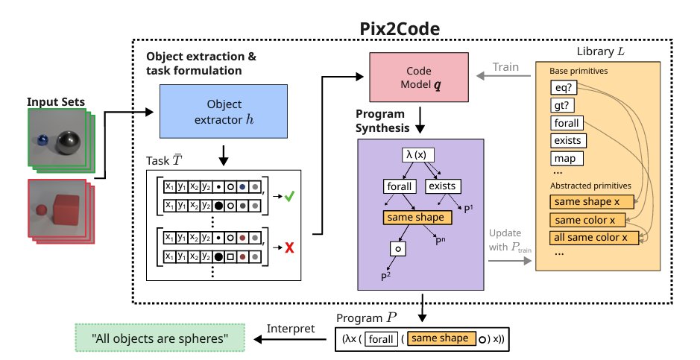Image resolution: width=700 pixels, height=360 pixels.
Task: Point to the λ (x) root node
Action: click(x=419, y=154)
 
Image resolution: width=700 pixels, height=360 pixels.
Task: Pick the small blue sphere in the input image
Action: click(x=44, y=140)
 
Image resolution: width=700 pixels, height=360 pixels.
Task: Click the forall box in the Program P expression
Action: click(x=380, y=338)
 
